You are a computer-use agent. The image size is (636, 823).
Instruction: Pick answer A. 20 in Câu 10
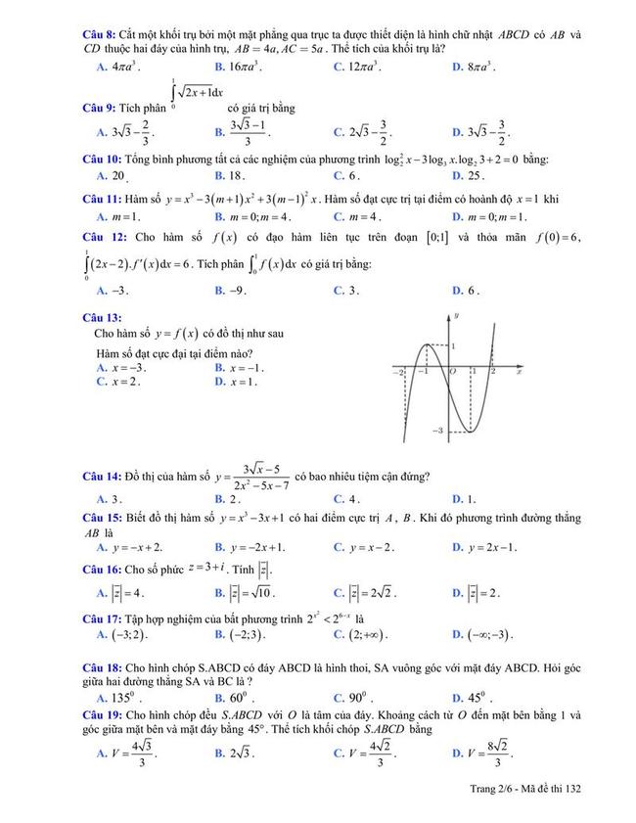pos(113,176)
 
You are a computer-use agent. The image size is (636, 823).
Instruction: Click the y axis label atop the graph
pos(456,316)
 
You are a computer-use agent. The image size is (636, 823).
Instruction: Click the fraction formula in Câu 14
pos(250,478)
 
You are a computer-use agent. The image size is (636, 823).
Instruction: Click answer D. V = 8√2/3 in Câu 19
pos(483,753)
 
